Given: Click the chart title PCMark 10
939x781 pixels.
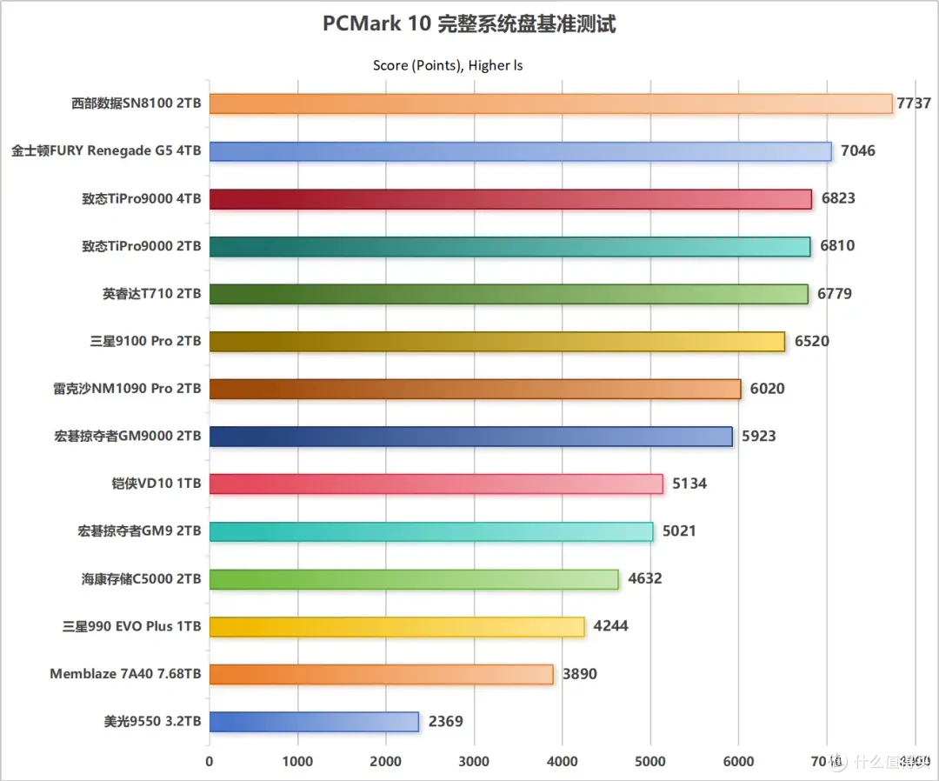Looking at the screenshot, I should tap(469, 24).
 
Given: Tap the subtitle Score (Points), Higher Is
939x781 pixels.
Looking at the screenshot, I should tap(448, 65).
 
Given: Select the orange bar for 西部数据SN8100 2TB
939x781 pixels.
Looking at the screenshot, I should tap(551, 103).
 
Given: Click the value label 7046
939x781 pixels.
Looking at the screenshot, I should tap(857, 150).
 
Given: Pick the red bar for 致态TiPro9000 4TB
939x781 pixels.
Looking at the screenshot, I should tap(510, 198).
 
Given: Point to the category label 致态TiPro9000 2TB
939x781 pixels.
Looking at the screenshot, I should tap(142, 246).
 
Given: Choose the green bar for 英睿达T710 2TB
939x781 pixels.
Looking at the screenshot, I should tap(509, 294).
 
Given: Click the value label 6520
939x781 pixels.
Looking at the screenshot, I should tap(811, 341).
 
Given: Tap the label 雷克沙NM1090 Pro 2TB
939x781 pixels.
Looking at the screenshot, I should tap(127, 389).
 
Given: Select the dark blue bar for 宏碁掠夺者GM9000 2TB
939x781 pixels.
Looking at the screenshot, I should tap(470, 436).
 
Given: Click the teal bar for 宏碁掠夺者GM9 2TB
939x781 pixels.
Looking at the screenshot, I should tap(431, 531).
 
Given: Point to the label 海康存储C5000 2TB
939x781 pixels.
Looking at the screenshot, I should tap(142, 578).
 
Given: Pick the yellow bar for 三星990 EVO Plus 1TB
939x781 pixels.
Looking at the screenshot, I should tap(396, 626).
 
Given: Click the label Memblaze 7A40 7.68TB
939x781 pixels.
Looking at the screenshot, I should tap(125, 674).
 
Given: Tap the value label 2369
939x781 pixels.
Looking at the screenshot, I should tap(445, 721).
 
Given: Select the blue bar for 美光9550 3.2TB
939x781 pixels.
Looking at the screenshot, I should tap(314, 721).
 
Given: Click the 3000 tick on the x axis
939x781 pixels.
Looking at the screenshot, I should tap(473, 761).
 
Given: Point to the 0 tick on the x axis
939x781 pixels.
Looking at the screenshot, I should tap(209, 761).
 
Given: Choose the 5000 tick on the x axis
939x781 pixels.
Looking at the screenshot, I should tap(649, 761).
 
